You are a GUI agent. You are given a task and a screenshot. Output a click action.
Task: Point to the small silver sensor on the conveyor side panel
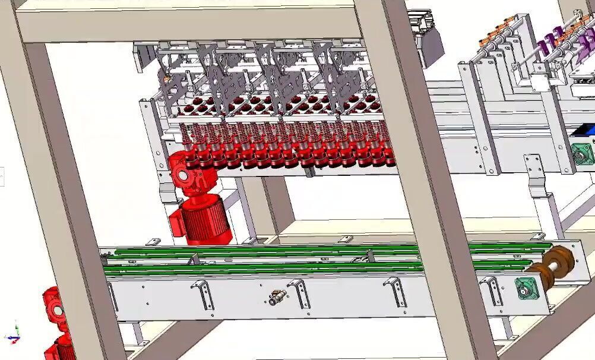277,297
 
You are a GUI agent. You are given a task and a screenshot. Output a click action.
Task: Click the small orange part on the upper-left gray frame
167,77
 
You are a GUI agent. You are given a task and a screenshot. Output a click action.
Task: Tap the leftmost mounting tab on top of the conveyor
153,241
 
